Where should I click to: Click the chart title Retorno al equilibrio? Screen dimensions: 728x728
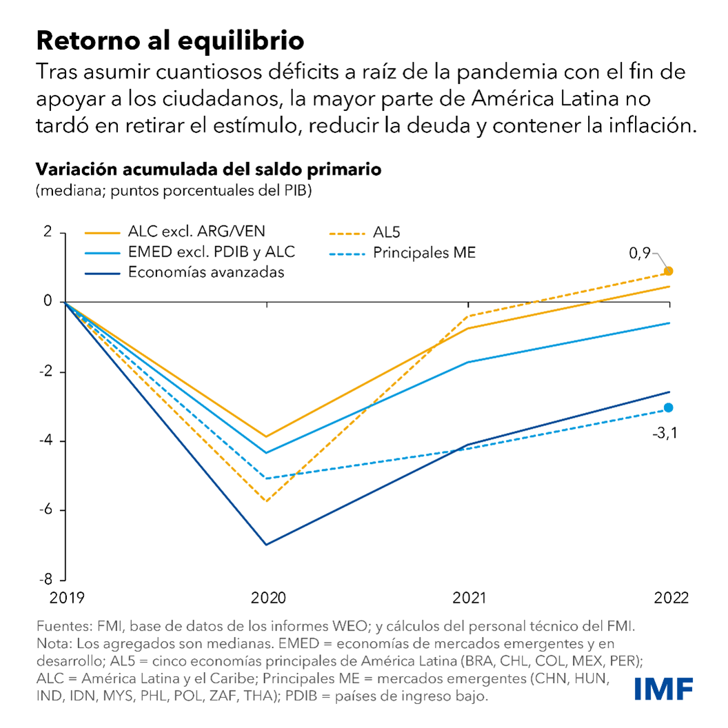[x=170, y=40]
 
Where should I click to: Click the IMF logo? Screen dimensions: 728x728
[x=663, y=689]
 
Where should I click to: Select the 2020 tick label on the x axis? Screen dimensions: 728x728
[x=267, y=597]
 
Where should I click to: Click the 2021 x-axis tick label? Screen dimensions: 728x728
[x=469, y=597]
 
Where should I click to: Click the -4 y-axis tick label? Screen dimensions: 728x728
[x=46, y=441]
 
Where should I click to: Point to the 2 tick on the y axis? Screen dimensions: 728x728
[x=48, y=232]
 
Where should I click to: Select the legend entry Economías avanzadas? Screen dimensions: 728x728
[x=206, y=272]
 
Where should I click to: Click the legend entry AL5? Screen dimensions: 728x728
[x=388, y=233]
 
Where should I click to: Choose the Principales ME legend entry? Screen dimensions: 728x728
[x=424, y=253]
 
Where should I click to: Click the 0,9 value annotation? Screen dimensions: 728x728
[x=640, y=254]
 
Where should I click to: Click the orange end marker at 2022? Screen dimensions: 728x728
[x=668, y=271]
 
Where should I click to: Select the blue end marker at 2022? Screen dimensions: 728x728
[x=668, y=407]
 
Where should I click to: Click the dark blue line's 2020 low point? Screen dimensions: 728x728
[x=267, y=545]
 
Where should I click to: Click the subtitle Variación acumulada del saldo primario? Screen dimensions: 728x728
[x=209, y=169]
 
